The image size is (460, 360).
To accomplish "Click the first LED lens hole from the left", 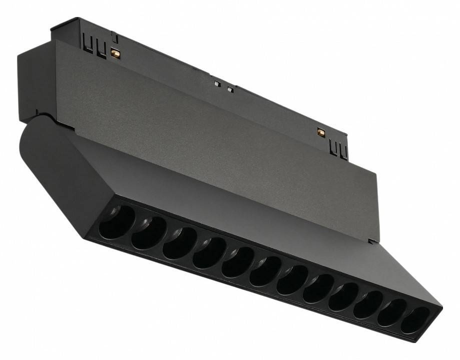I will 117,223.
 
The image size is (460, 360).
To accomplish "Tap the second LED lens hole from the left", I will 149,232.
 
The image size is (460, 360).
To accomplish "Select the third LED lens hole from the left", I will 179,242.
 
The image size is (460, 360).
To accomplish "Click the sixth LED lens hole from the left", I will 265,270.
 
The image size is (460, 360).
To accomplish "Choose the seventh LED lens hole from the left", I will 292,279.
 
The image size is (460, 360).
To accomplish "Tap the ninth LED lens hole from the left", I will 344,296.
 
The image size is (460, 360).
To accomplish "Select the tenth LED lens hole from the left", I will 369,304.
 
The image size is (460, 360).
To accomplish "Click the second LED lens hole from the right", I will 392,312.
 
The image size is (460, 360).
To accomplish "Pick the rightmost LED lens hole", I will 415,320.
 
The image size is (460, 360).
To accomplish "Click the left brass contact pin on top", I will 116,53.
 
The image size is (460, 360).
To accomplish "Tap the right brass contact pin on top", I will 321,132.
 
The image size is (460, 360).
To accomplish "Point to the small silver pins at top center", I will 223,87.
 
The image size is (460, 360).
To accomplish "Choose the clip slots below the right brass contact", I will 338,149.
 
